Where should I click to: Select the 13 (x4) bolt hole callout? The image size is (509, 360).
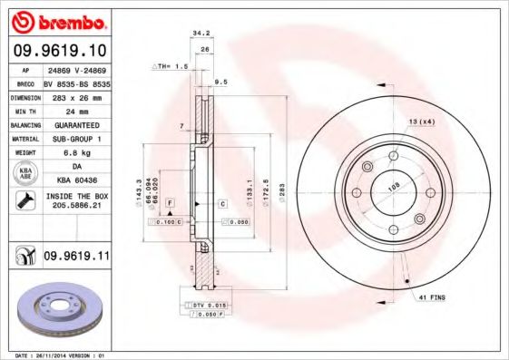point(421,122)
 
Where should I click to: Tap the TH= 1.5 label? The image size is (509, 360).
point(171,66)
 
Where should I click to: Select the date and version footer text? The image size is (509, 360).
point(55,355)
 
